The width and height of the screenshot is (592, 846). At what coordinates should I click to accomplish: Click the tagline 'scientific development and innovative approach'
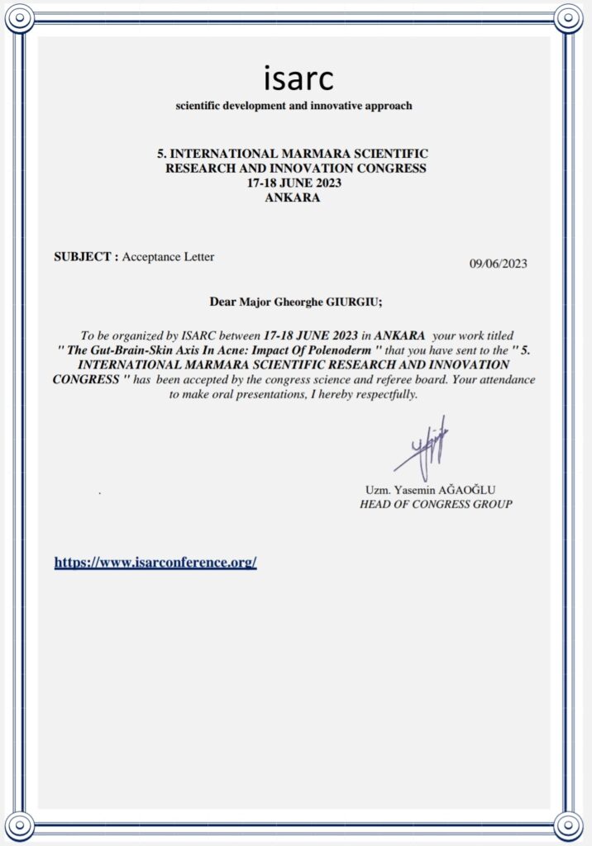click(x=294, y=106)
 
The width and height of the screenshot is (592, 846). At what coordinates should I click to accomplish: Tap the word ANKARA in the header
click(x=293, y=197)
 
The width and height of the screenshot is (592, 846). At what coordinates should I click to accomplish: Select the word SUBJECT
click(x=82, y=257)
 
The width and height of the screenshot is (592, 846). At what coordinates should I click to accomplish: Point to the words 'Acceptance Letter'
click(x=169, y=257)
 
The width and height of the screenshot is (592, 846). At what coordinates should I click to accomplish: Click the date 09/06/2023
click(x=498, y=264)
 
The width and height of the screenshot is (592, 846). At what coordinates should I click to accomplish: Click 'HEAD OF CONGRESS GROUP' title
click(x=436, y=504)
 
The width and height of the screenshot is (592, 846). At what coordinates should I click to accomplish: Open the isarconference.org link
click(x=155, y=563)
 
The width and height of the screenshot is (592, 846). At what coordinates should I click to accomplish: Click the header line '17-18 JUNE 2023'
click(x=294, y=183)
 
